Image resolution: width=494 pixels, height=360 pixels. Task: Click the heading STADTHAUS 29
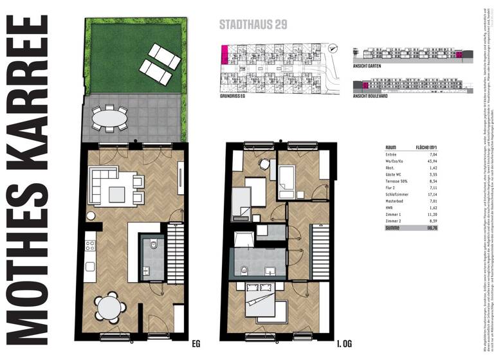(x=253, y=26)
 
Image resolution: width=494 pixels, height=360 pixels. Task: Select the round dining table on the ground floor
(x=108, y=309)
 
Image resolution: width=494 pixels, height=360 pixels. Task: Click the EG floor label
(x=196, y=344)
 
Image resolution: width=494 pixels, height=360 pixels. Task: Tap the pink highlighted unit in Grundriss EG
(x=224, y=55)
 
